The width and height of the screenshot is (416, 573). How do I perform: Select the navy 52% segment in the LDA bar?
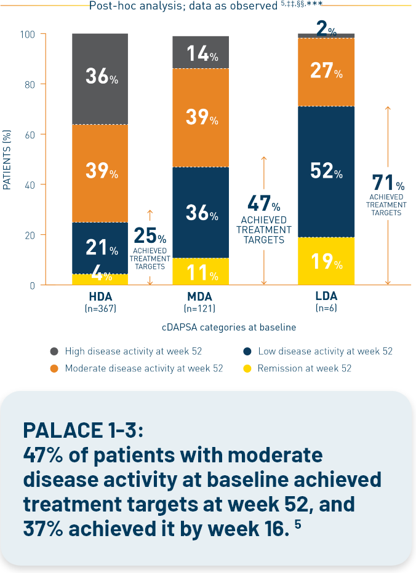coord(326,172)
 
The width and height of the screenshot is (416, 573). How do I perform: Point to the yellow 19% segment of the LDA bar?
coord(326,262)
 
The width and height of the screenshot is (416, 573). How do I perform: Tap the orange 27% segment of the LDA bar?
coord(326,71)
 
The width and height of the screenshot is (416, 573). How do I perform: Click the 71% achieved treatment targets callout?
coord(388,194)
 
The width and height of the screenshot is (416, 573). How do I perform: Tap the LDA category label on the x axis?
coord(326,296)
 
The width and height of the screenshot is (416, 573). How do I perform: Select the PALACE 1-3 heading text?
coord(83,429)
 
